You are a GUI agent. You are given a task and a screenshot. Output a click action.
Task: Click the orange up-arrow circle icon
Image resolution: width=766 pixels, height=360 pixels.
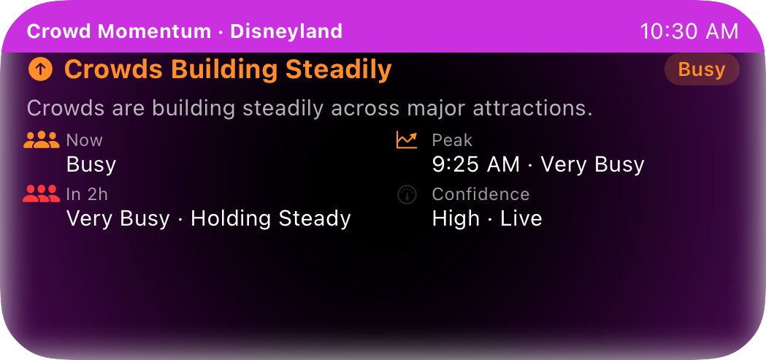[41, 70]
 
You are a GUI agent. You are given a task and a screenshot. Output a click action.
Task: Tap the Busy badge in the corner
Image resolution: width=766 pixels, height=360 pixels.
[702, 69]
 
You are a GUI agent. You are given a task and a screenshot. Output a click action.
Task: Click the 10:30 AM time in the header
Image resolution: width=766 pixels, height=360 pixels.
[689, 31]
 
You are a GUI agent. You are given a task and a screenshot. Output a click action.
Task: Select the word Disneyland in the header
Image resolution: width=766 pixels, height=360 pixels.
[286, 31]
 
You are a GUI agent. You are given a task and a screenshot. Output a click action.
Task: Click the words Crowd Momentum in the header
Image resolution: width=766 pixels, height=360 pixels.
[119, 31]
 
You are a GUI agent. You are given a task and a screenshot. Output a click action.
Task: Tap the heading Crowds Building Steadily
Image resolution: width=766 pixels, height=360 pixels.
[228, 70]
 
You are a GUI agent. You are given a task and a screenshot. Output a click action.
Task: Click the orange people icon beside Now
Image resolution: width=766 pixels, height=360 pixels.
[42, 140]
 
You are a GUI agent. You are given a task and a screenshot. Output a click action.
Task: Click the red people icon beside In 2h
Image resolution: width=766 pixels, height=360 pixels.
[42, 194]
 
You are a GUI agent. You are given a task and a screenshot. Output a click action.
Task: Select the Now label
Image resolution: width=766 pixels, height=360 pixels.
[85, 141]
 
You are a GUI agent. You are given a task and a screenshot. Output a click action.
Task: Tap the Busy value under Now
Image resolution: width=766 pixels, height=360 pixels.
[91, 165]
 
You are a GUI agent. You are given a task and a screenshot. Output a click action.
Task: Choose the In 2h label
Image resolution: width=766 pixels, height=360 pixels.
[87, 194]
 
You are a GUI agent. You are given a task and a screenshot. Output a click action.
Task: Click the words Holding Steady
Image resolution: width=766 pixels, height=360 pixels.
[271, 219]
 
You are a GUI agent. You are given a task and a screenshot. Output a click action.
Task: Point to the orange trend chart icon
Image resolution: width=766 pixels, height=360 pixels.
[407, 140]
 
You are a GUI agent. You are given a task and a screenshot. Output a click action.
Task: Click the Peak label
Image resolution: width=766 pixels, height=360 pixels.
[452, 141]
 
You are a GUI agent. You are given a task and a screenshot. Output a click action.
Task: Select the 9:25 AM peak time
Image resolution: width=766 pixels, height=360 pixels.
[476, 165]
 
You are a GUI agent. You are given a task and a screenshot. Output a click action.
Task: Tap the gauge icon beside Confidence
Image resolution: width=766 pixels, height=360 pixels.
[407, 194]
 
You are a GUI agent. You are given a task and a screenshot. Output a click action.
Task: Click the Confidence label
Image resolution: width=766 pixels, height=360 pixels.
[480, 194]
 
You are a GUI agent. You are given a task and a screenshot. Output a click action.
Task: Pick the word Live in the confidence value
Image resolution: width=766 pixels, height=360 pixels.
[521, 218]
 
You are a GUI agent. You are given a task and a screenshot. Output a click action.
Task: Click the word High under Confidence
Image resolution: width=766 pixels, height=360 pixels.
[456, 219]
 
